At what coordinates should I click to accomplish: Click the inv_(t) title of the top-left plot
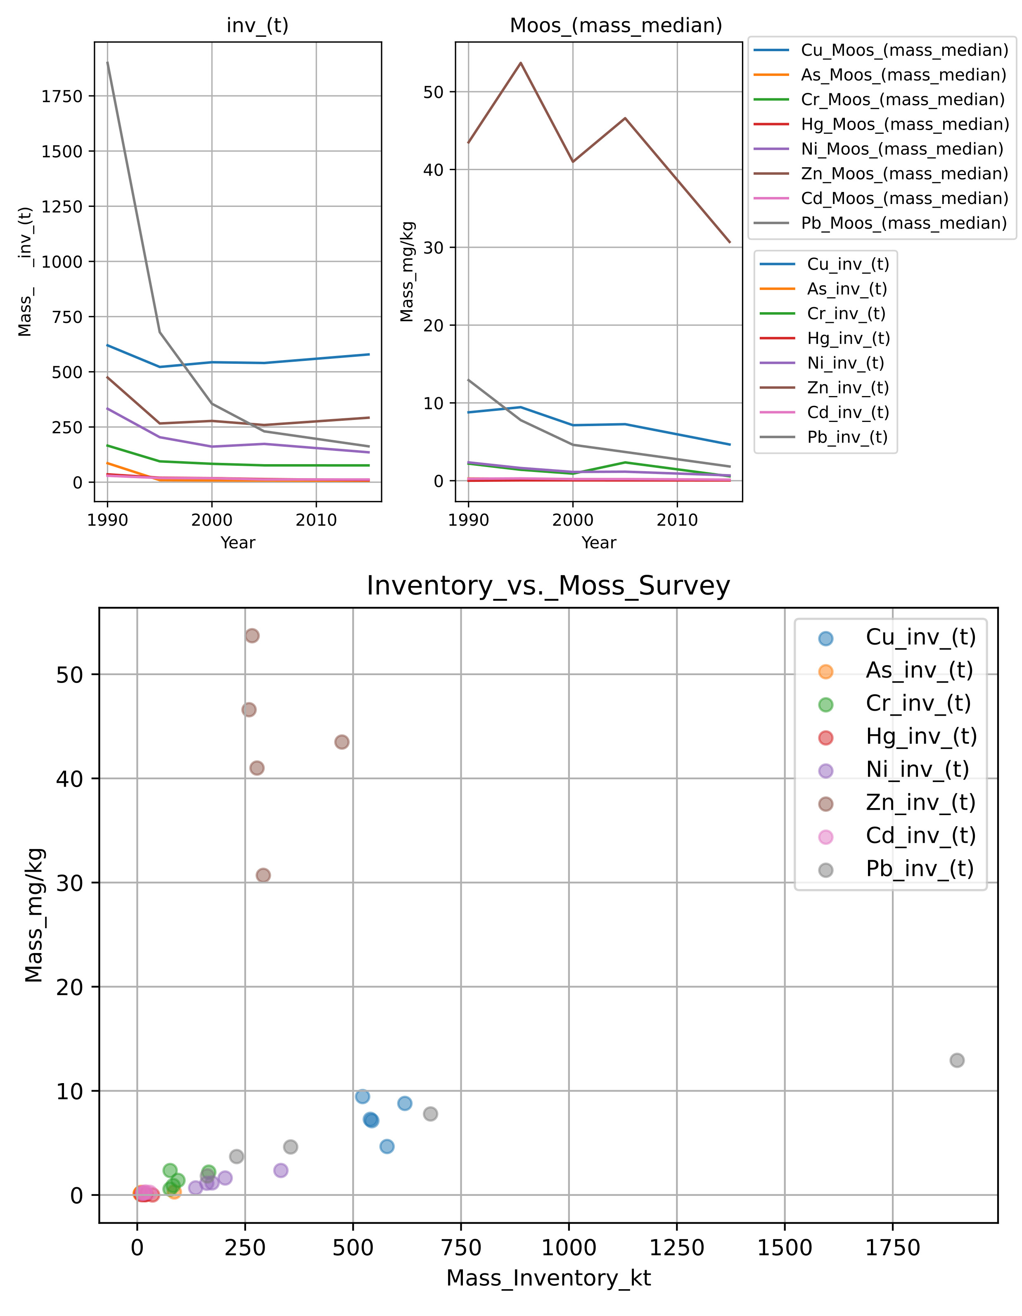pos(257,25)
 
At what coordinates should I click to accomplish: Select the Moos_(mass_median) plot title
pos(616,25)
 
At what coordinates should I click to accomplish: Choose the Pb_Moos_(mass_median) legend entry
pos(904,223)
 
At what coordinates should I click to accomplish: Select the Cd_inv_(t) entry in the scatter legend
pos(920,836)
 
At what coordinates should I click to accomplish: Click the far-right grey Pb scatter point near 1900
pos(957,1060)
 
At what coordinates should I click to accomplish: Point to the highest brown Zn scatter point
pos(252,636)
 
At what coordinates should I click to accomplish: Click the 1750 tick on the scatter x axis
pos(892,1248)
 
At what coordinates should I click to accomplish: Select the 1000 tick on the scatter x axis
pos(569,1248)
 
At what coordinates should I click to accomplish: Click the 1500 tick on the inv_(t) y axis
pos(62,151)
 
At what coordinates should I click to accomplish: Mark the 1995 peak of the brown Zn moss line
pos(521,63)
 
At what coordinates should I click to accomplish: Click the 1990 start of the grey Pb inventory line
pos(108,62)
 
